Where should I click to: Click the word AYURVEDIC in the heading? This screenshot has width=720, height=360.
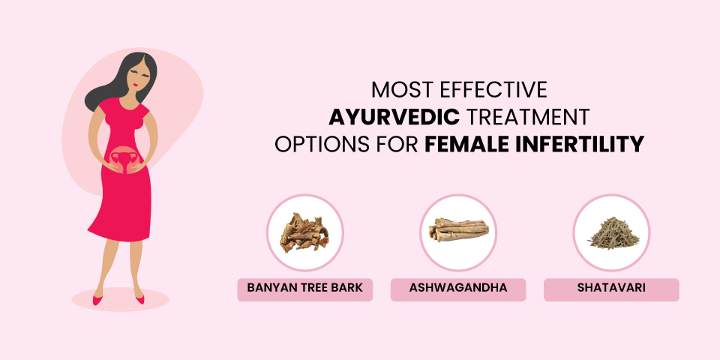(x=394, y=117)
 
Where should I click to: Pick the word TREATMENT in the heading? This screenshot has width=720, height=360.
(x=527, y=117)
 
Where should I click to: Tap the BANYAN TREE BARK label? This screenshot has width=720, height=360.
(x=305, y=288)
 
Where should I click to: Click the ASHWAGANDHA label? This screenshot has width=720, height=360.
(x=457, y=288)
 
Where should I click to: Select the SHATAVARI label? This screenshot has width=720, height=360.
(x=611, y=288)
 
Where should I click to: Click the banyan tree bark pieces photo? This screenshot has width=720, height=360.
(x=304, y=232)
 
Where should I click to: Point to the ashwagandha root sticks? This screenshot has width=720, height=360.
(x=458, y=230)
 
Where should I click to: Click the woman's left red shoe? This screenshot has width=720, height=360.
(x=140, y=299)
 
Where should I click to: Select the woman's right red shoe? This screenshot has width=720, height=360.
(x=97, y=299)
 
